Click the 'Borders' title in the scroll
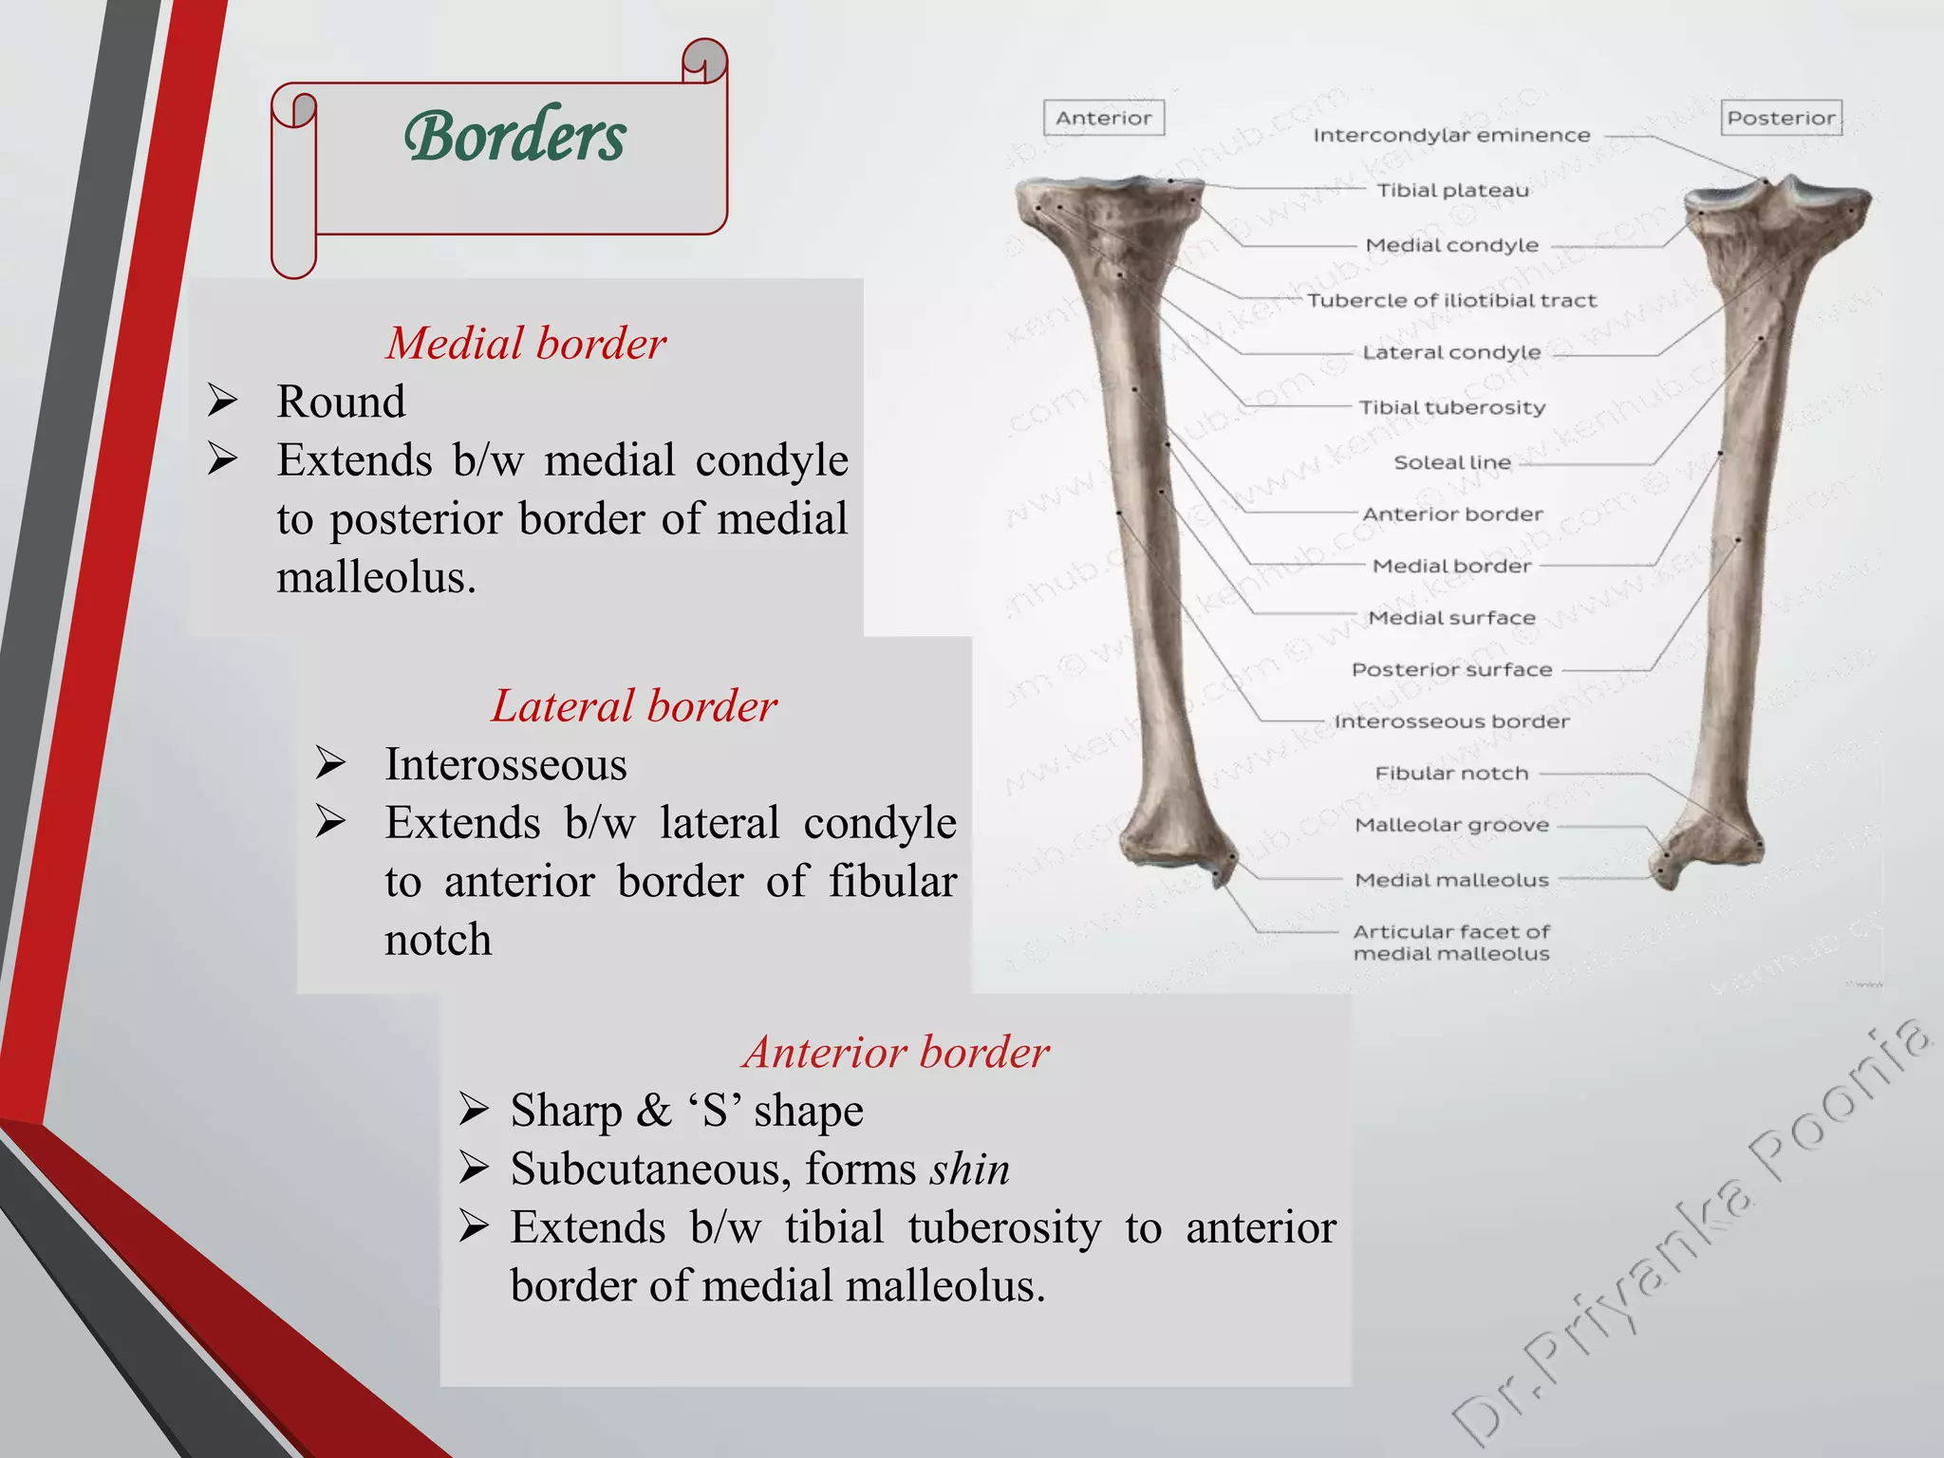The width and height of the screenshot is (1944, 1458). (514, 136)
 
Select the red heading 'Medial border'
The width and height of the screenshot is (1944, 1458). (526, 343)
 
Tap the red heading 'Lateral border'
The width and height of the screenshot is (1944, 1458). (633, 705)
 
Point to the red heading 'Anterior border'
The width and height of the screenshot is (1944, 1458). (896, 1052)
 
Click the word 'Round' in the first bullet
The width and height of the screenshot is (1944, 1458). (341, 402)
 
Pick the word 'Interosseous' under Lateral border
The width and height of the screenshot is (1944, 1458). (505, 764)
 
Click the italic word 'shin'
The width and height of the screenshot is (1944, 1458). (969, 1168)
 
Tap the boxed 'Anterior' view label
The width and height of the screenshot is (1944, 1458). (1103, 118)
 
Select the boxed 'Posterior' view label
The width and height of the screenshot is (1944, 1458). (1781, 118)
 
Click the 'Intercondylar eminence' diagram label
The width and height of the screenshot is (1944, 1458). (1451, 136)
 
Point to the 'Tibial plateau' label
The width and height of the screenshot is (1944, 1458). (1452, 191)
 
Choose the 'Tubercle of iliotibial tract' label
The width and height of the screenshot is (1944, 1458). (1451, 301)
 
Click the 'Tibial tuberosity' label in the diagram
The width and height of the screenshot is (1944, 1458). (1452, 408)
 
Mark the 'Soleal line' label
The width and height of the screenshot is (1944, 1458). (1451, 462)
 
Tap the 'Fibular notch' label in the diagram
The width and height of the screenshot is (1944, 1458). (1451, 774)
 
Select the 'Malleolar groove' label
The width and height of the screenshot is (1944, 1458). (1451, 825)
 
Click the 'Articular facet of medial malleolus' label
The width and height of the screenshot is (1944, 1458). (1451, 943)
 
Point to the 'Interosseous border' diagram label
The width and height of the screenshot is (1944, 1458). (1451, 721)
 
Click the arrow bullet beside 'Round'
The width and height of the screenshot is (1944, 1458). (223, 401)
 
